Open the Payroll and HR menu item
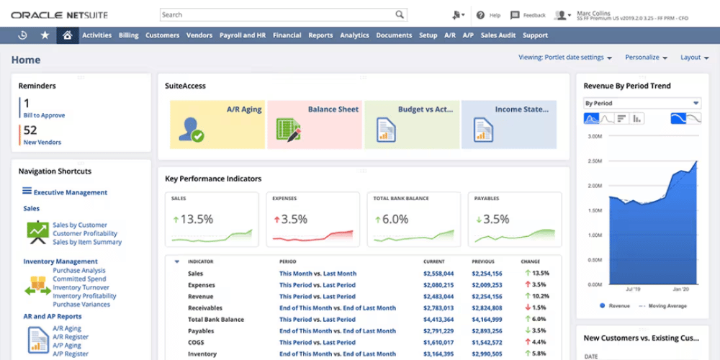coord(242,35)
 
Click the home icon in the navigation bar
coord(68,35)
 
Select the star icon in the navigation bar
coord(45,35)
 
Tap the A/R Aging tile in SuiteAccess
coord(217,125)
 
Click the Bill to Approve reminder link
coord(44,115)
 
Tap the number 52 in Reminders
coord(30,130)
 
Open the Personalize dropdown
coord(646,58)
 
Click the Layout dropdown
coord(694,58)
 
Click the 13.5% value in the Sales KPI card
coord(197,220)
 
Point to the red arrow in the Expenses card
coord(275,220)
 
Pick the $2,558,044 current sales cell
coord(438,274)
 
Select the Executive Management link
coord(70,192)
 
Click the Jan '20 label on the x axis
coord(679,289)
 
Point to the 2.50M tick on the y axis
coord(594,161)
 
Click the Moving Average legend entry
coord(666,306)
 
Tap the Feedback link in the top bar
coord(534,15)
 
